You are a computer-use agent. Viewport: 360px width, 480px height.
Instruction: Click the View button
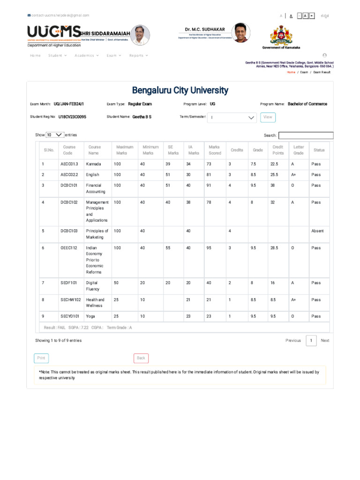[268, 117]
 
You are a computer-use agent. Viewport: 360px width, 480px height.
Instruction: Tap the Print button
[41, 358]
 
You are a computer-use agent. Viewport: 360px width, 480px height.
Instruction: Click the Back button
[141, 358]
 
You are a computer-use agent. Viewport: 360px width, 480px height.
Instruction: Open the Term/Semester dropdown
[232, 118]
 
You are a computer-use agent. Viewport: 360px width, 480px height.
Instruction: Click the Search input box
[306, 135]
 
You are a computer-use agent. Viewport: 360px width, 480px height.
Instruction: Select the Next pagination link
[325, 341]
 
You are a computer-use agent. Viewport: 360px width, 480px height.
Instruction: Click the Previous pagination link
[293, 341]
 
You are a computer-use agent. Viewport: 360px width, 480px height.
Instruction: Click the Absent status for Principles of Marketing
[317, 231]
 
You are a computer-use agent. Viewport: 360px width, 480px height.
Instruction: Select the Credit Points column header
[278, 150]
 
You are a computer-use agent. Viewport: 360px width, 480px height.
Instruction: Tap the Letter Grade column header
[299, 150]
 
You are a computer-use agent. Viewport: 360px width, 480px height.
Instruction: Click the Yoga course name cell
[90, 316]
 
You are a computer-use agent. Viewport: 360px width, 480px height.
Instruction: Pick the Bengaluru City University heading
[180, 90]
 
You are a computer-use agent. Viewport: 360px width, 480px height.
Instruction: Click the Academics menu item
[86, 55]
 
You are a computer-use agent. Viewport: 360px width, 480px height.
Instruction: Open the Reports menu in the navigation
[138, 55]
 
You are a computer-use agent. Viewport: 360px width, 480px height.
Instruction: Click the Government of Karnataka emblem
[281, 35]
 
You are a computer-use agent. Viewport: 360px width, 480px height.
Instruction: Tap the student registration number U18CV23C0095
[72, 117]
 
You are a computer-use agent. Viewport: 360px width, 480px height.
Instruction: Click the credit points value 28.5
[274, 248]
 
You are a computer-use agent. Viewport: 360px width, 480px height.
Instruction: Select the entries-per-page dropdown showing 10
[55, 135]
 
